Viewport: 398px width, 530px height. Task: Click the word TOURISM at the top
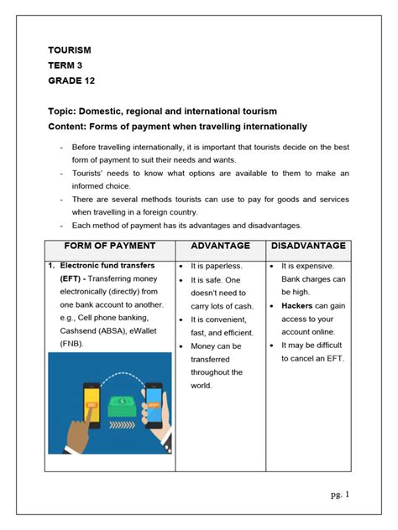click(69, 50)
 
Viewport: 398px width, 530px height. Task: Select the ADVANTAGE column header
click(221, 246)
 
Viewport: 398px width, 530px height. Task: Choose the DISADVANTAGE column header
click(308, 246)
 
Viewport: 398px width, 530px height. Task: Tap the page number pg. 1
click(339, 494)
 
